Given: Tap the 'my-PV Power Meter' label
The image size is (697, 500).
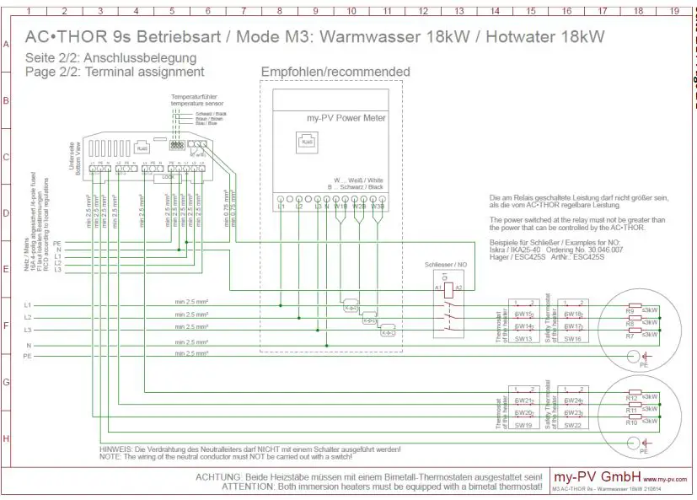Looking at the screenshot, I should [x=346, y=118].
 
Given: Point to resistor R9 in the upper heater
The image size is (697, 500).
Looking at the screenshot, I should [x=630, y=309].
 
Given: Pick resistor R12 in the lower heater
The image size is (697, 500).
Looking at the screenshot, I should [x=631, y=396].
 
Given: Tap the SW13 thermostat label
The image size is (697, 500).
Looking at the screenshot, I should [x=522, y=338].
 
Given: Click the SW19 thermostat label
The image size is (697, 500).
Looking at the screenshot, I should [x=522, y=426].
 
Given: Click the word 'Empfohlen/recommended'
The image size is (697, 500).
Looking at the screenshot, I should [x=335, y=72].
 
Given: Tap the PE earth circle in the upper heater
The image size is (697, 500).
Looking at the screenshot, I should [x=633, y=357].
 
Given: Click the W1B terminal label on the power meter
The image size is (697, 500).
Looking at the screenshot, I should [x=340, y=206].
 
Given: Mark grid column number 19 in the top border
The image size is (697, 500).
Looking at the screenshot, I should [x=674, y=12].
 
